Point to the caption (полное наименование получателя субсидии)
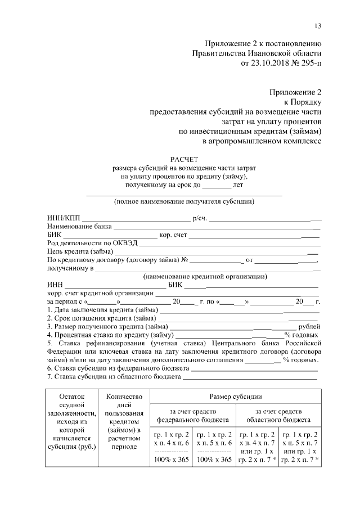pos(184,201)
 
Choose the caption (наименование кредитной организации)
pos(205,276)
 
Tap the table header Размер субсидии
pos(235,397)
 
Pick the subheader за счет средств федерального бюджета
pos(192,416)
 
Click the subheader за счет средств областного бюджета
pos(278,416)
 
